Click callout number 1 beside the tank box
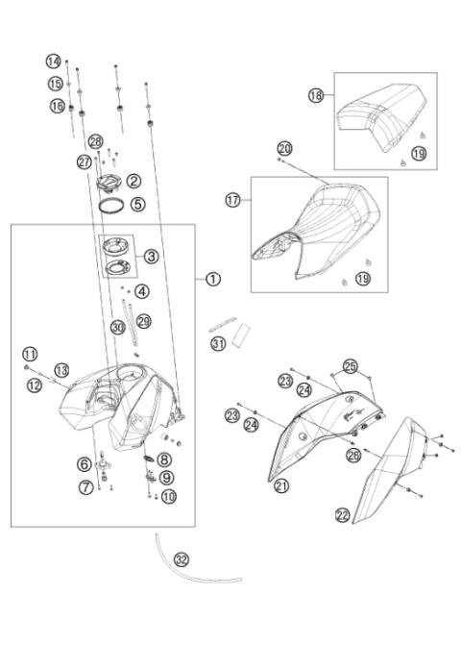click(212, 279)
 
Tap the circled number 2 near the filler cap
click(134, 180)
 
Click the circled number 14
click(54, 62)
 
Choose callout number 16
click(58, 105)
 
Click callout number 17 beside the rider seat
click(231, 201)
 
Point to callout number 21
click(281, 486)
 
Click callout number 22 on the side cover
click(342, 515)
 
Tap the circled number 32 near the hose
click(181, 558)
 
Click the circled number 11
click(29, 354)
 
